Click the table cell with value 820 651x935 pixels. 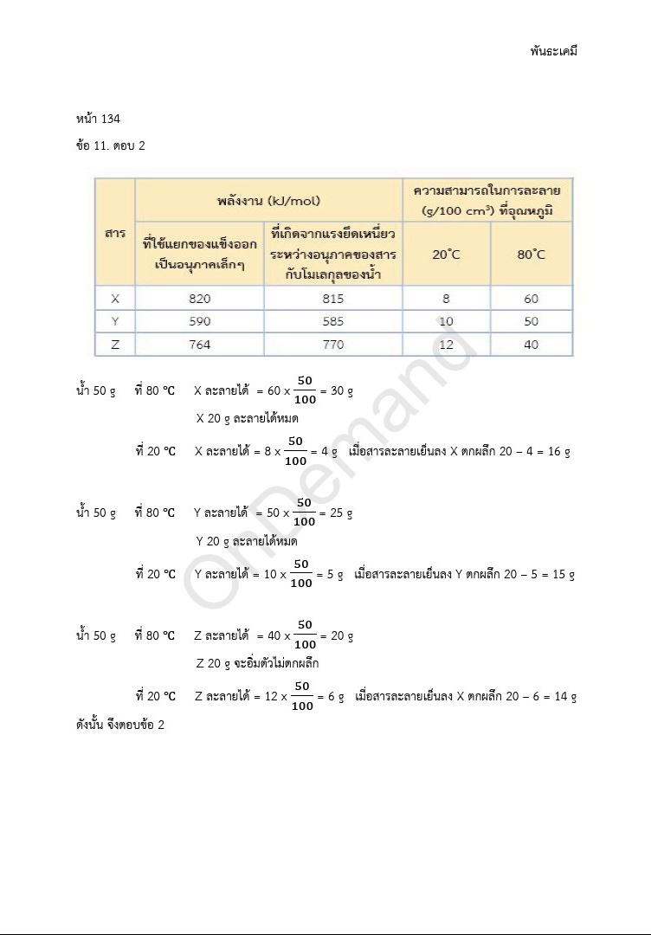pos(199,299)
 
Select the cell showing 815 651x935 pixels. pos(332,299)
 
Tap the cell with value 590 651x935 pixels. pos(199,321)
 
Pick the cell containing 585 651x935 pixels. pos(332,321)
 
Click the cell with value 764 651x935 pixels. pos(199,345)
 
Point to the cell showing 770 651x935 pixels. pos(332,345)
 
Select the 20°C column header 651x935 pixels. pos(446,255)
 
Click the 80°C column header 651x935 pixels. pos(532,255)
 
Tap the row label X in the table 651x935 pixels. pos(115,299)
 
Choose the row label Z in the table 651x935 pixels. pos(115,345)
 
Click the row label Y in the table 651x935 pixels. pos(115,321)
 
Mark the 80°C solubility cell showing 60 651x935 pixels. pos(532,299)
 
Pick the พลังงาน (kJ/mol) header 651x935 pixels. pos(268,200)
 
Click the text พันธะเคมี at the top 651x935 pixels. pos(553,50)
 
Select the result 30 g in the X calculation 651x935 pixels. pos(342,391)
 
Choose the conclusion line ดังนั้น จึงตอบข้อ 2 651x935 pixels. pos(120,725)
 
